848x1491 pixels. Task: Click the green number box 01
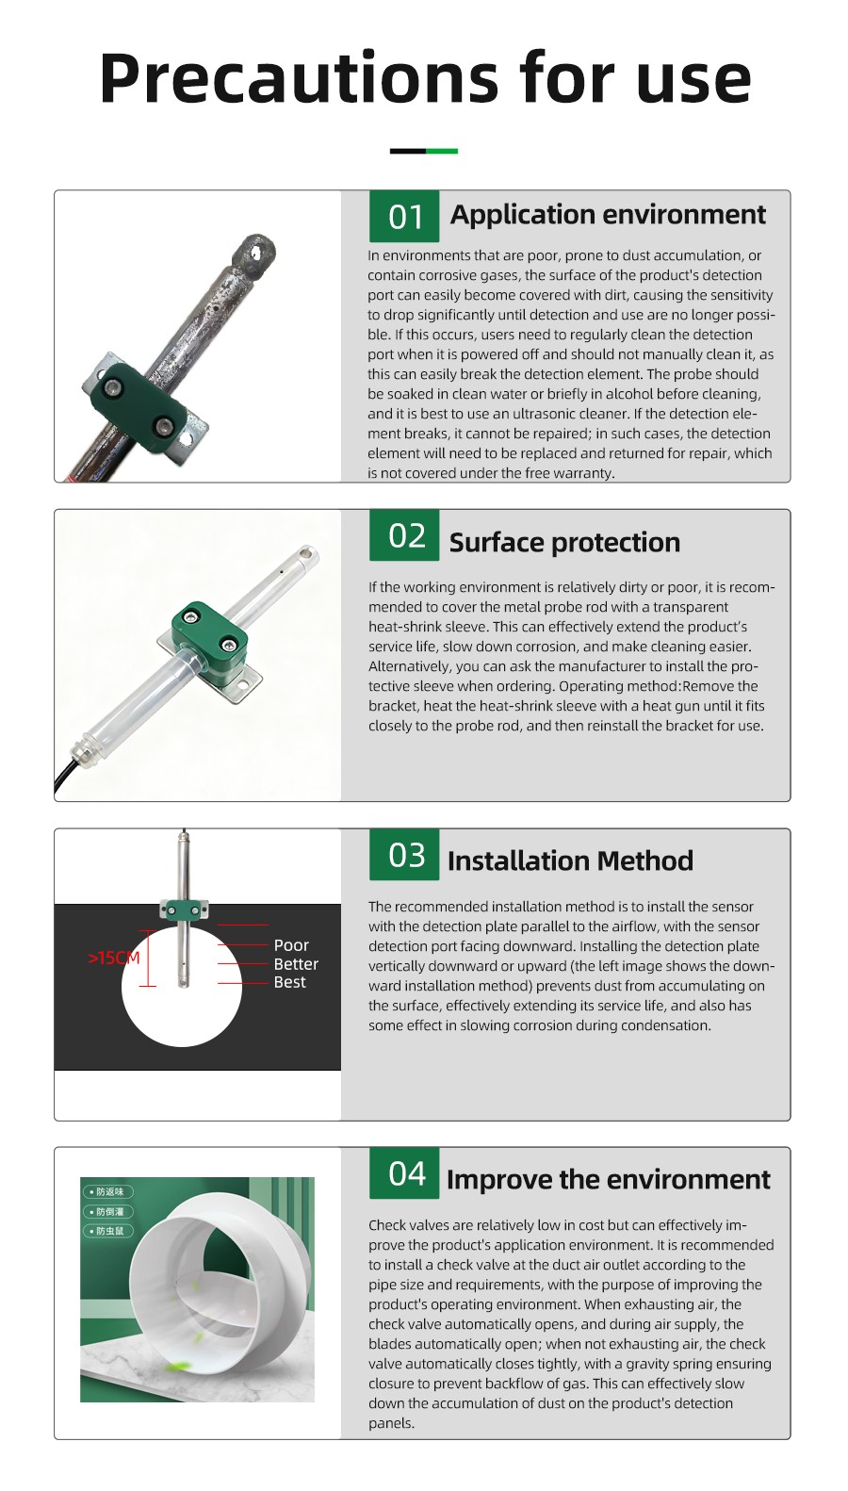404,217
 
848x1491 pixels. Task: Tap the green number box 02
404,535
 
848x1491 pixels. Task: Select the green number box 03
404,855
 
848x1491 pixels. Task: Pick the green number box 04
404,1173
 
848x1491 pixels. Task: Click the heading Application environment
608,215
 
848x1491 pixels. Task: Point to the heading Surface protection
564,543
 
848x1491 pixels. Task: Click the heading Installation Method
570,860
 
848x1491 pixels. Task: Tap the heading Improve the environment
608,1179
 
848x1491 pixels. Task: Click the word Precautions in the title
299,78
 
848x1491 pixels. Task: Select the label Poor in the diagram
291,945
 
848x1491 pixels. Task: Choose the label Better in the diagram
296,964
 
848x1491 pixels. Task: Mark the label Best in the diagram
289,982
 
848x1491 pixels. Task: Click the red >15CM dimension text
114,958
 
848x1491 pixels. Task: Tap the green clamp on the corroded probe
140,407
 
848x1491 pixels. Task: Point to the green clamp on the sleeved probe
208,631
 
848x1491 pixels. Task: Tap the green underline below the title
441,151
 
